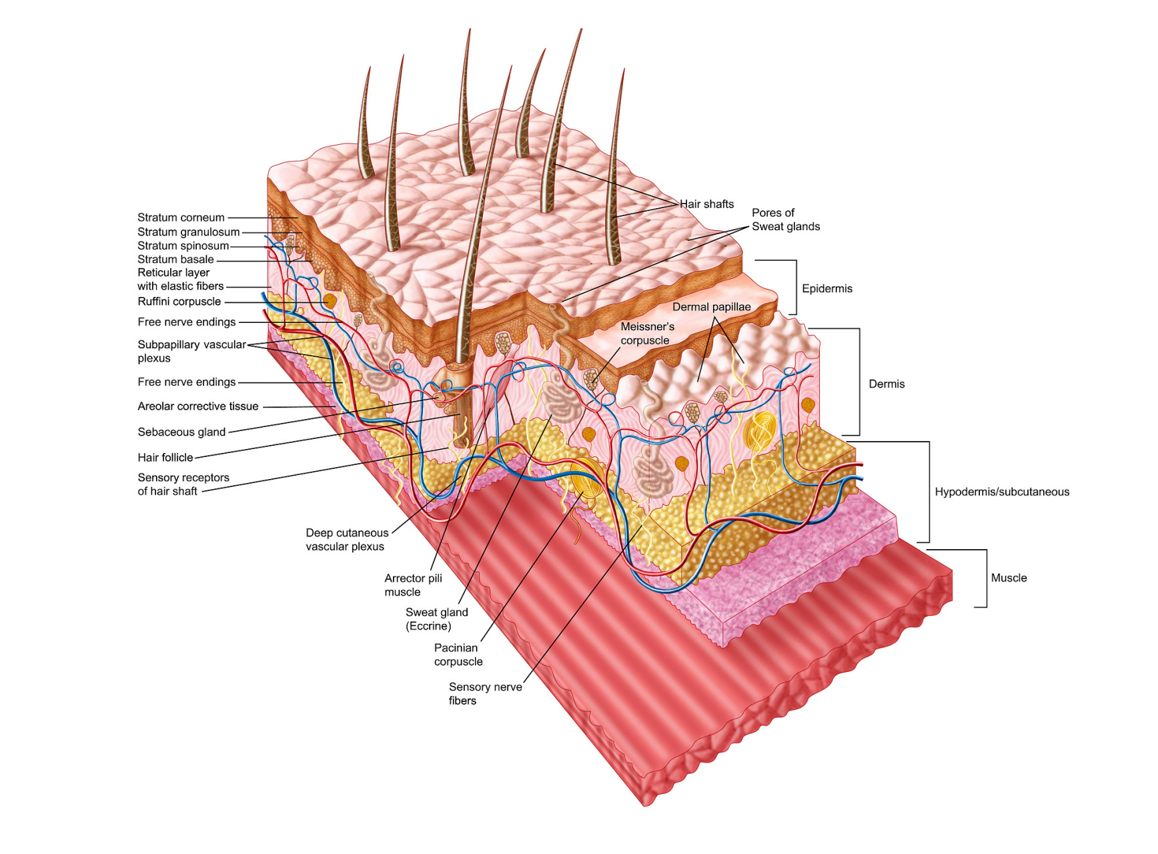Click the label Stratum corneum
(x=181, y=218)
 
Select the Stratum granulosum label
(x=188, y=232)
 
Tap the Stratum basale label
(x=175, y=260)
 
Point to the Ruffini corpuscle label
(x=179, y=302)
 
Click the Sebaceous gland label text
(x=181, y=432)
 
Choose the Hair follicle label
(x=165, y=458)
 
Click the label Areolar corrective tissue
(x=197, y=406)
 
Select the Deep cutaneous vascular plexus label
(x=346, y=540)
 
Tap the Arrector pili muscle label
(x=412, y=585)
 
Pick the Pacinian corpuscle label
(x=458, y=655)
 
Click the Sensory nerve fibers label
(x=485, y=694)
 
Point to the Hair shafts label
(x=706, y=204)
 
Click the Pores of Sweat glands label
(x=785, y=220)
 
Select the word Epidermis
(x=826, y=289)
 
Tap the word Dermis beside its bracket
(x=886, y=384)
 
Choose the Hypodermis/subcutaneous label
(x=1001, y=492)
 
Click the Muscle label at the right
(x=1008, y=578)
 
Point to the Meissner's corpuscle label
(x=646, y=334)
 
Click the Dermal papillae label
(x=711, y=307)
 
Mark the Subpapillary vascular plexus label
(x=191, y=352)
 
